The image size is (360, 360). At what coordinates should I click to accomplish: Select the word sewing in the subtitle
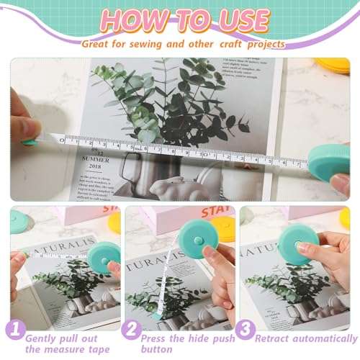(144, 43)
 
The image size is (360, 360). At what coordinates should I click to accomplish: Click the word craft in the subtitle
(228, 43)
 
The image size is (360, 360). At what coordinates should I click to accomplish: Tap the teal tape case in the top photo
(330, 163)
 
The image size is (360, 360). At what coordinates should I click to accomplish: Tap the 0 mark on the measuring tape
(62, 141)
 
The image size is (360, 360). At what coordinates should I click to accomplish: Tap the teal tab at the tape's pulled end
(30, 142)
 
